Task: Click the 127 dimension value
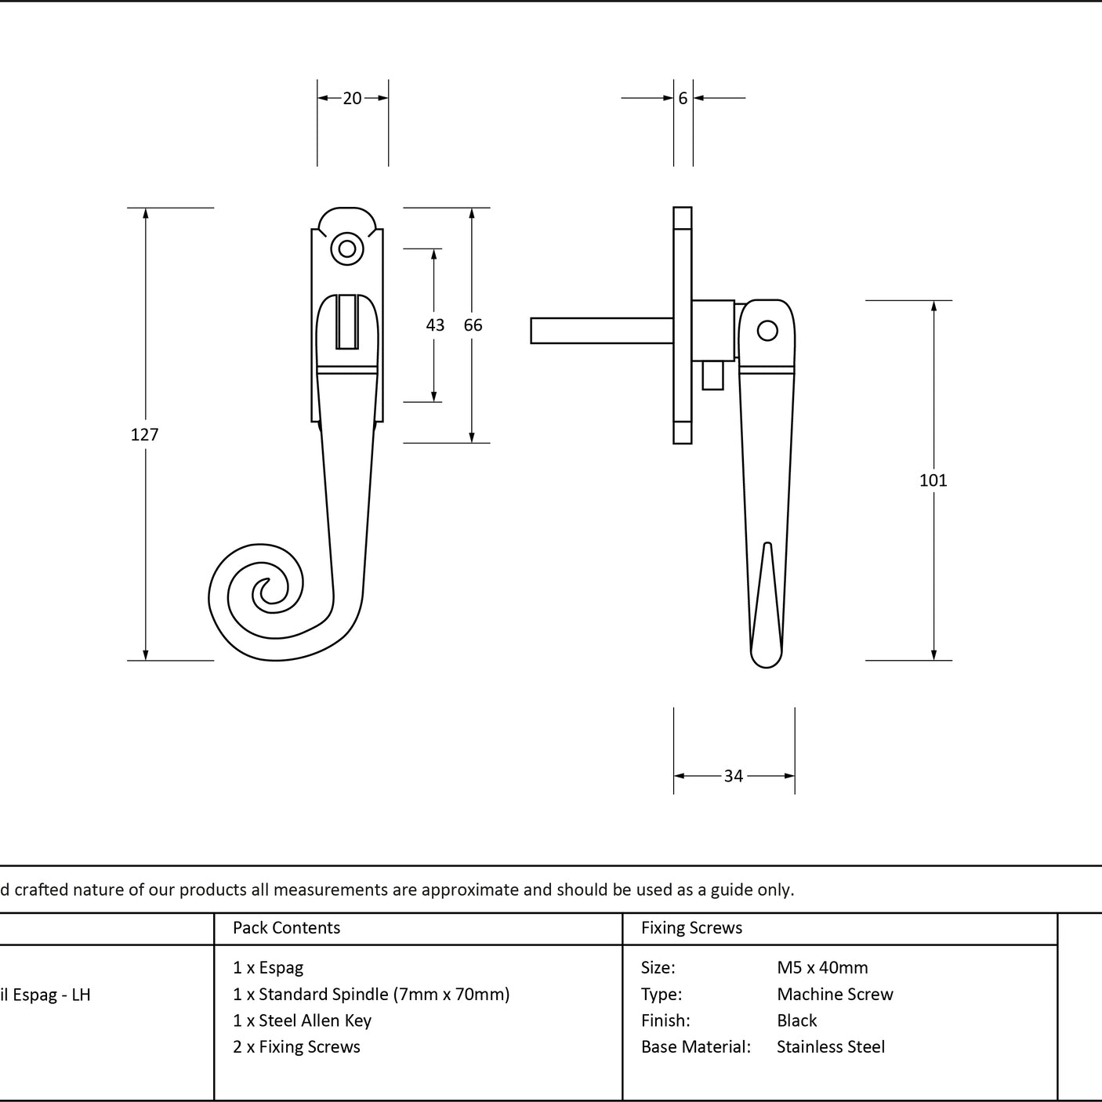144,435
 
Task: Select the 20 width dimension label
352,98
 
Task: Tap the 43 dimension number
435,324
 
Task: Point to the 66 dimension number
473,324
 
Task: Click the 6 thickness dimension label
683,98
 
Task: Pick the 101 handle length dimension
933,480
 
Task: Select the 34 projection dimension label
734,776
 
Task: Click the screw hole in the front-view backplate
347,249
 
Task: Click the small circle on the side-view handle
767,331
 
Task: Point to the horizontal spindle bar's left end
531,331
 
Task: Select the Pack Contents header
287,927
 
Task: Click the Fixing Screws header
691,927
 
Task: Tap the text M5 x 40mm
822,968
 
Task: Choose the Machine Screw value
835,994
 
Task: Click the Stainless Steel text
831,1046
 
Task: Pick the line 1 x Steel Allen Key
302,1020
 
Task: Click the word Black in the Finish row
797,1020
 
